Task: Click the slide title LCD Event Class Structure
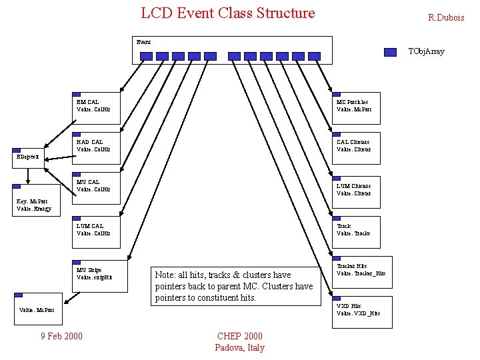pos(227,13)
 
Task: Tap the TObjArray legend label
pos(426,51)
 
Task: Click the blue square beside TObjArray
pos(391,51)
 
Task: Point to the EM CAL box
pos(96,108)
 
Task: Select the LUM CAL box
pos(96,231)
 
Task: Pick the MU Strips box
pos(96,275)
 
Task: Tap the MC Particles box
pos(356,108)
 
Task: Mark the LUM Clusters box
pos(356,191)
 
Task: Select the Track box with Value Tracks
pos(356,231)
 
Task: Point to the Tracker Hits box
pos(362,271)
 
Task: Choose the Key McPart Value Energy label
pos(33,205)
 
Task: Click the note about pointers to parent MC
pos(234,286)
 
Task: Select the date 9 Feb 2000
pos(62,336)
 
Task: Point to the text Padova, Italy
pos(240,347)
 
